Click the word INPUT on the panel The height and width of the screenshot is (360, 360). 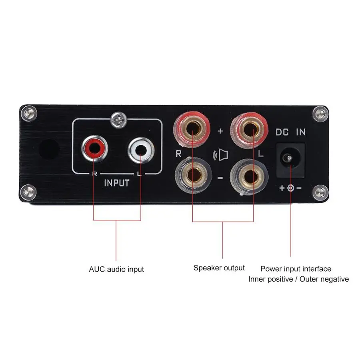pyautogui.click(x=116, y=183)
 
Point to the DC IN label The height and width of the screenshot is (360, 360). pyautogui.click(x=291, y=132)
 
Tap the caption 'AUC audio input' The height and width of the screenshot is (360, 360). pyautogui.click(x=116, y=269)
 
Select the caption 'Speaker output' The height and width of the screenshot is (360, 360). pyautogui.click(x=219, y=268)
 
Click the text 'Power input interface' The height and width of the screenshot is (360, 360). pyautogui.click(x=296, y=269)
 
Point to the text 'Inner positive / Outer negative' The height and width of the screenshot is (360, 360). pyautogui.click(x=298, y=279)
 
